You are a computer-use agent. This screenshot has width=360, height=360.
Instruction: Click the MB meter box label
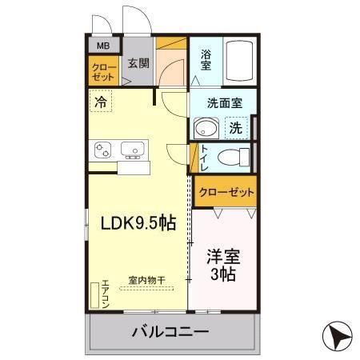(x=103, y=46)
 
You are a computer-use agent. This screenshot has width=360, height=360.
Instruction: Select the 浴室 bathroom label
(x=206, y=61)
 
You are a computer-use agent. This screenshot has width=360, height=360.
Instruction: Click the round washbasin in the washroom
(x=206, y=128)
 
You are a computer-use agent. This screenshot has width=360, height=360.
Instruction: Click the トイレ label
(x=205, y=155)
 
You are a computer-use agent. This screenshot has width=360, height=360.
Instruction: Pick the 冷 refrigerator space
(x=100, y=102)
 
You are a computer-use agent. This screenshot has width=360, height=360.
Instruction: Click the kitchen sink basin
(x=132, y=149)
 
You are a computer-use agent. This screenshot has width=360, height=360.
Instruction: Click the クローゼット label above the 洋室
(x=226, y=192)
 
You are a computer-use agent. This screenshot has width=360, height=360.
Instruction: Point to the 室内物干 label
(x=146, y=280)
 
